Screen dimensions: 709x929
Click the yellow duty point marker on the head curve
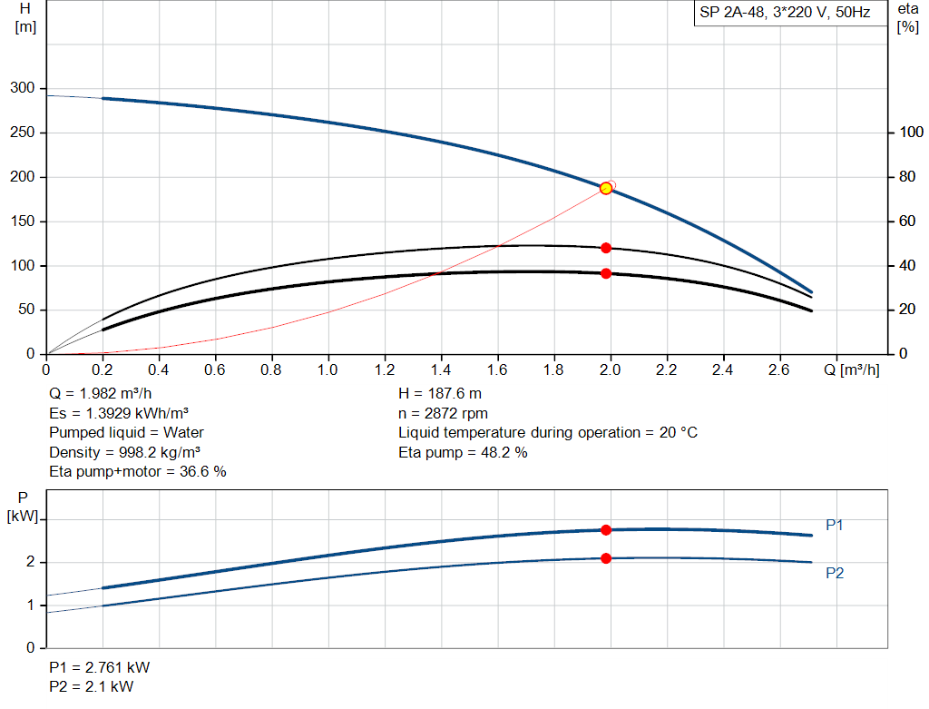(606, 188)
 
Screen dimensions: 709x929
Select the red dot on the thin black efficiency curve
(606, 248)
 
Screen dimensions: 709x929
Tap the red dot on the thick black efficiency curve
(606, 273)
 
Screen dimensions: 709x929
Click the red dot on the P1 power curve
(606, 530)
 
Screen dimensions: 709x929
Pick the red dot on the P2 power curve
(606, 558)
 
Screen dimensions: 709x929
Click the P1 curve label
(835, 525)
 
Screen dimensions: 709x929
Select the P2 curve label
(835, 573)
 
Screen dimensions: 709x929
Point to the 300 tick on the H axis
(23, 88)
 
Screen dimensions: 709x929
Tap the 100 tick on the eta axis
(908, 133)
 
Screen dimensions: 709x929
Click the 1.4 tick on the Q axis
(441, 369)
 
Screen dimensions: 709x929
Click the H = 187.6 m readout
(441, 394)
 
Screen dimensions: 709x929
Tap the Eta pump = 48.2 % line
(463, 452)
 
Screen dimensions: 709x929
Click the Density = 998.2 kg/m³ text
(125, 452)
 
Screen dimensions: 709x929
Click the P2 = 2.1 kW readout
(91, 686)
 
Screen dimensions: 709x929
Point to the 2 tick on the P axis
(30, 562)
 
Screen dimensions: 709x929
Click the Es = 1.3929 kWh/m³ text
(131, 413)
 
